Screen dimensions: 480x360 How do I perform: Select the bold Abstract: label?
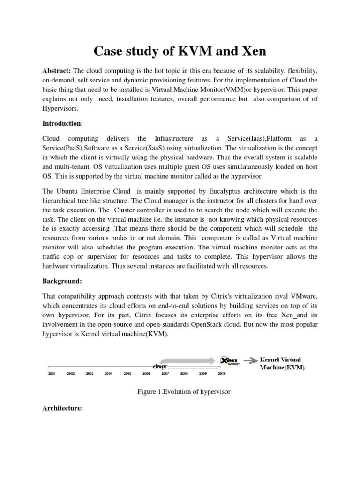pyautogui.click(x=56, y=70)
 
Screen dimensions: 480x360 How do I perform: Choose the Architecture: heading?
pyautogui.click(x=62, y=408)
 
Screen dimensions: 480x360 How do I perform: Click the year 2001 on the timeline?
pyautogui.click(x=52, y=374)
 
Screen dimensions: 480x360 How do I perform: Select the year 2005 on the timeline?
pyautogui.click(x=127, y=374)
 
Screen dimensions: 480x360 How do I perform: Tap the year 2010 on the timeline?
pyautogui.click(x=221, y=374)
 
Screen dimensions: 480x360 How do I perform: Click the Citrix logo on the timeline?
pyautogui.click(x=160, y=367)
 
